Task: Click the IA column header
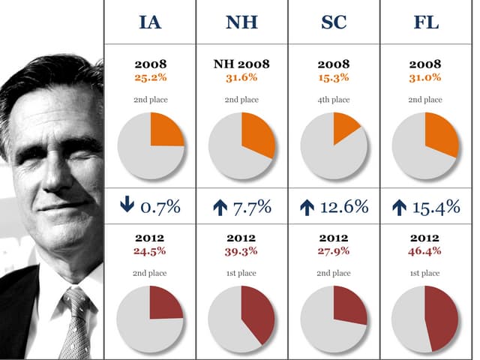(150, 22)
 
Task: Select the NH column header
(241, 22)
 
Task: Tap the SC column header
(334, 22)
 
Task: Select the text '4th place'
(334, 99)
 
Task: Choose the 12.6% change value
(344, 207)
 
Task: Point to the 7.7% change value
(253, 207)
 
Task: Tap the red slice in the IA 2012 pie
(165, 303)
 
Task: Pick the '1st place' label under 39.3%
(241, 273)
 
